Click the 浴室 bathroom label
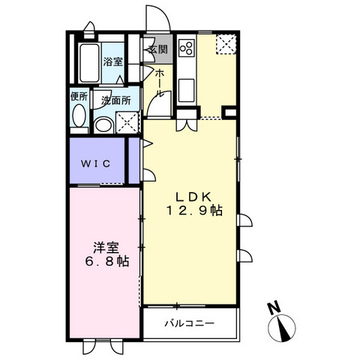(112, 62)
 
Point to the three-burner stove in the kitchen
(186, 50)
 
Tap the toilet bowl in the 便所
(80, 118)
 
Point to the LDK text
(190, 195)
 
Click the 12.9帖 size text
(194, 211)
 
